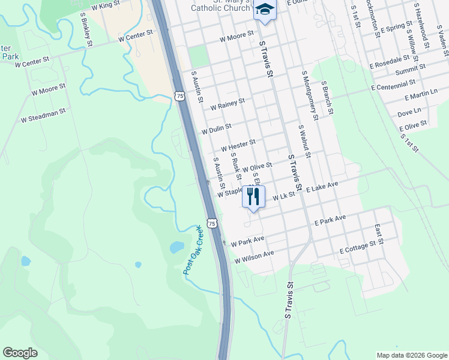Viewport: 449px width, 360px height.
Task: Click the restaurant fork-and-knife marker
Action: point(253,196)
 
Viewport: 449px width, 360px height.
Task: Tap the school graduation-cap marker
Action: point(264,10)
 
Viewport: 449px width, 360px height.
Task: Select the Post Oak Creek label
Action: point(194,250)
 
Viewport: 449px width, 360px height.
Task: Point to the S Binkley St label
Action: point(86,32)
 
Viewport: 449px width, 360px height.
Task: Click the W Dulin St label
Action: point(217,128)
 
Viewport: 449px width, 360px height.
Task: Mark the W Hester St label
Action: point(238,145)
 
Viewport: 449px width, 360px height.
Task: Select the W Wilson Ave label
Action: point(254,257)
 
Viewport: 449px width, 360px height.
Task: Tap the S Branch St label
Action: point(327,98)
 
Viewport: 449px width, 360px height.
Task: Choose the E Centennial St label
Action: point(393,85)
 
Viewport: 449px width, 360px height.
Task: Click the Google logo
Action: point(20,352)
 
